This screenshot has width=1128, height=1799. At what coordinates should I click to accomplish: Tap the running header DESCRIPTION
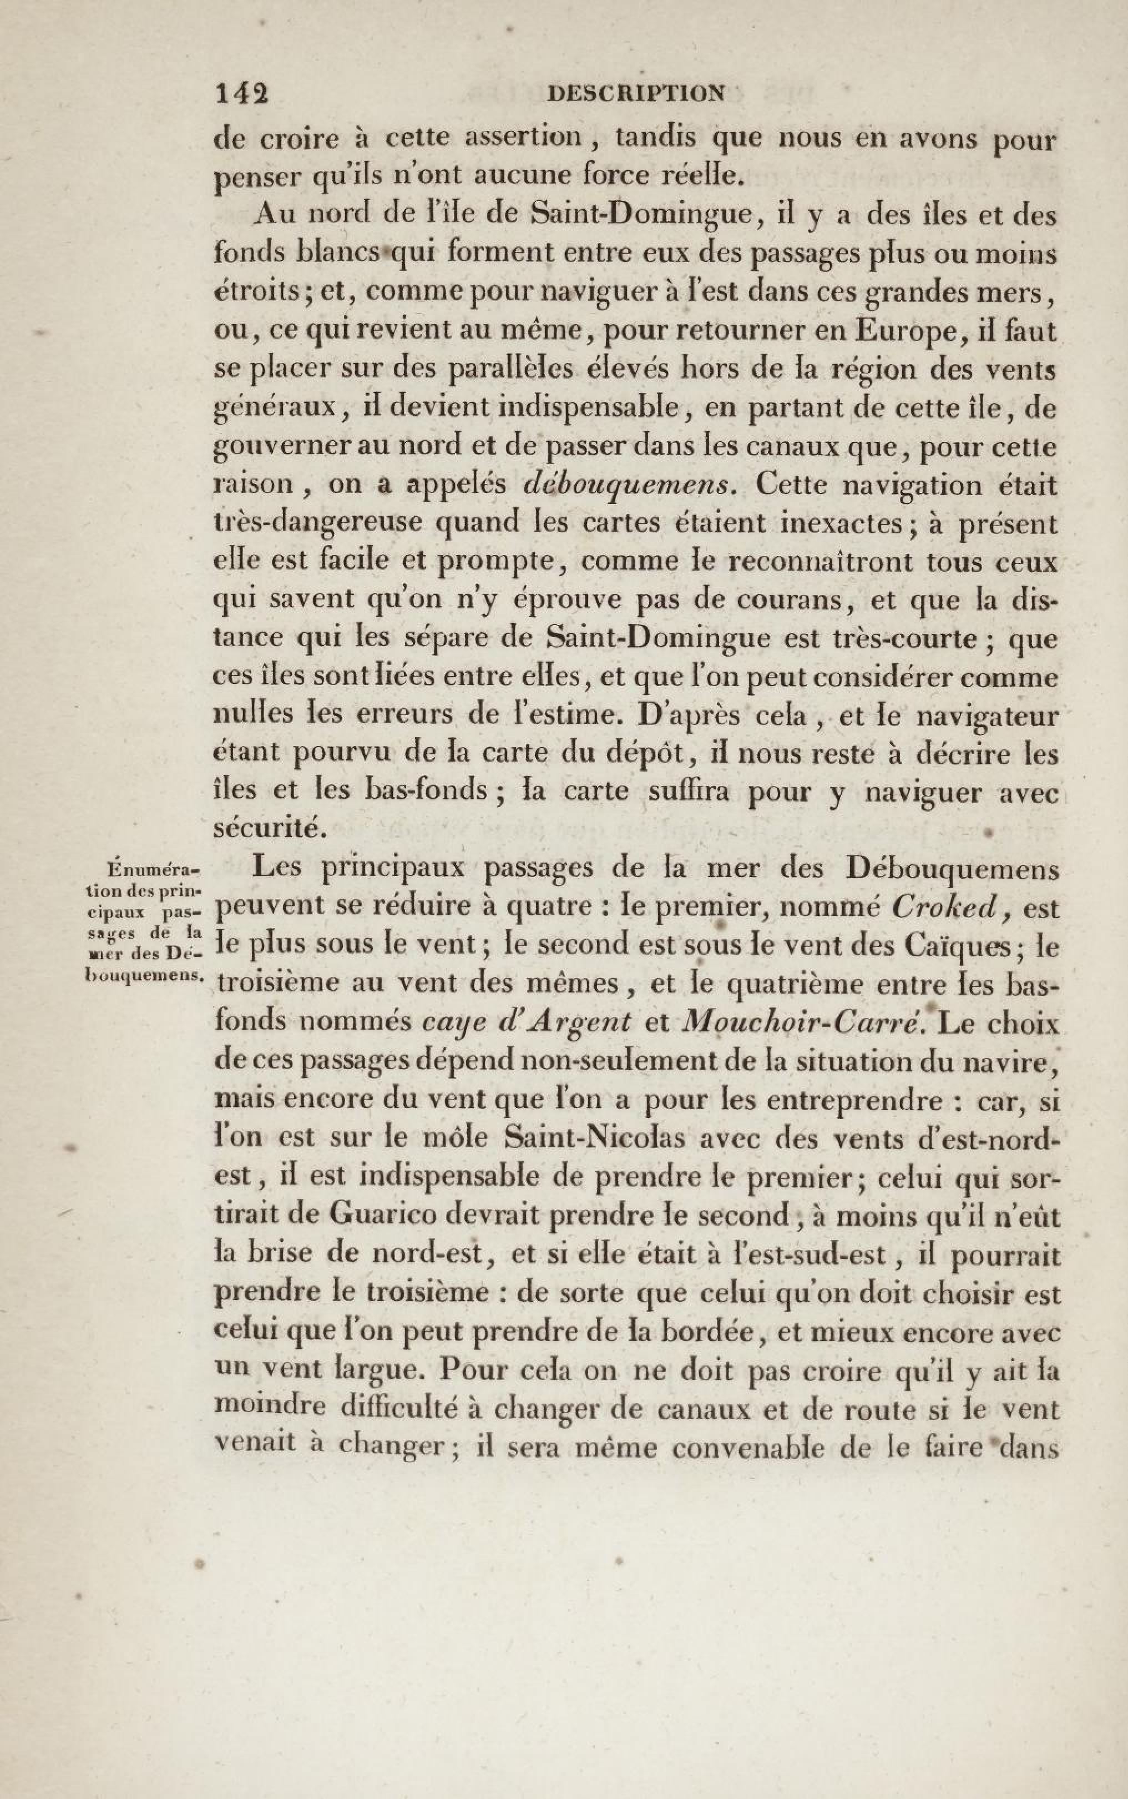636,93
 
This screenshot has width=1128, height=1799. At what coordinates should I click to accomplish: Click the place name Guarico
383,1216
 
